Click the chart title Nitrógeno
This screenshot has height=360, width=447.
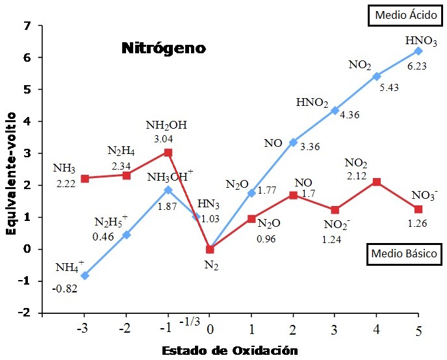163,48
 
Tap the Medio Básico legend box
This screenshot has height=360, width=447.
403,254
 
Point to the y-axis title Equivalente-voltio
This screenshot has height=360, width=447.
11,170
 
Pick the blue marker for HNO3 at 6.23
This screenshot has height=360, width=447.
418,51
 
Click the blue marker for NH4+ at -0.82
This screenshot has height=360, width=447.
85,276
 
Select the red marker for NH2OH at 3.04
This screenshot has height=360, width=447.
168,153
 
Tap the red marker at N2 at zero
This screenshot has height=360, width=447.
210,250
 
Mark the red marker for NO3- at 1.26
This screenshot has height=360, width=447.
418,209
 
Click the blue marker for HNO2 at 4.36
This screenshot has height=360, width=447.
335,110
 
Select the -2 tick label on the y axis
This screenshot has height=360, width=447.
25,313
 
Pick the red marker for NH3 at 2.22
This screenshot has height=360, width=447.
85,178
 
